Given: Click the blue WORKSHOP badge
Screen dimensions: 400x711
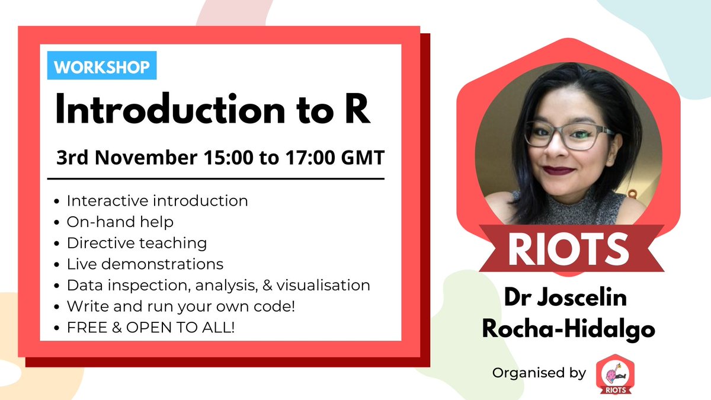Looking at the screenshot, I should click(102, 67).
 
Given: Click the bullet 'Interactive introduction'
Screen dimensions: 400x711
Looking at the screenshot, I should click(157, 201).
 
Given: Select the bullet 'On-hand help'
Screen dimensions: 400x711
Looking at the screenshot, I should click(120, 222).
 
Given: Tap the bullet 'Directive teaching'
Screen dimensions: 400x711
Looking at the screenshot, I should click(136, 243).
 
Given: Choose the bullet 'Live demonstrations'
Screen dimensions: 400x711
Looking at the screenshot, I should click(145, 264).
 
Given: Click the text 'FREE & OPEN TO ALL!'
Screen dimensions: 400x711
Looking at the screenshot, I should click(150, 327).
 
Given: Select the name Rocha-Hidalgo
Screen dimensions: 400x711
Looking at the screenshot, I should click(568, 329).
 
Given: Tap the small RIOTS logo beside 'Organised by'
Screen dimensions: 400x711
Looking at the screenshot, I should click(613, 373).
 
